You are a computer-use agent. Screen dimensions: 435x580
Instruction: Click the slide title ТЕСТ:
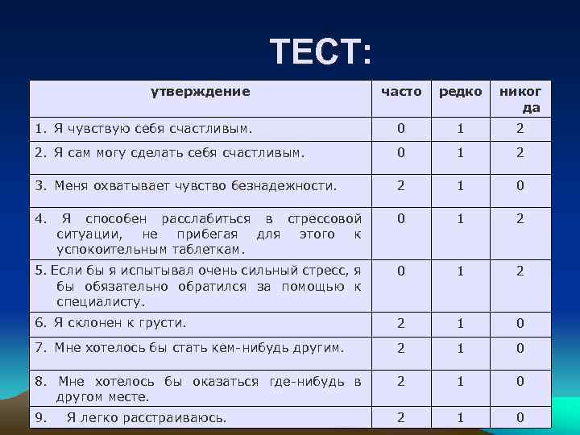click(321, 52)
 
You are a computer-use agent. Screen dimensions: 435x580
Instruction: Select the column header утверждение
click(201, 91)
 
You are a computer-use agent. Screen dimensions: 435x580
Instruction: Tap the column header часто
click(400, 92)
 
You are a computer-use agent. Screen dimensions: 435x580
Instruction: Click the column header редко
click(460, 92)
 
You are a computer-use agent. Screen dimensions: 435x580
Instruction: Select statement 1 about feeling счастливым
click(143, 128)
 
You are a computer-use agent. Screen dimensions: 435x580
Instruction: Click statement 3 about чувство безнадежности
click(184, 186)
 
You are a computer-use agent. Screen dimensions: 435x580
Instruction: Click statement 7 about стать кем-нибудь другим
click(188, 348)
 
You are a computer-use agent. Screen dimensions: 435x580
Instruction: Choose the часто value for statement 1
click(400, 128)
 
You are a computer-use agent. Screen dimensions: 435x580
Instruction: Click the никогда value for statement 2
click(520, 153)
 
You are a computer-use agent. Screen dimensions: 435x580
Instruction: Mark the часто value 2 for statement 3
click(400, 186)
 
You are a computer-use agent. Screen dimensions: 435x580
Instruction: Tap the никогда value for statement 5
click(520, 271)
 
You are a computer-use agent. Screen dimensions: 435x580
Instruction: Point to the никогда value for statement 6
click(520, 323)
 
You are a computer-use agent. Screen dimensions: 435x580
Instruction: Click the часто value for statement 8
click(400, 382)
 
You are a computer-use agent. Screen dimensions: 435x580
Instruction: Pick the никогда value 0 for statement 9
click(520, 417)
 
